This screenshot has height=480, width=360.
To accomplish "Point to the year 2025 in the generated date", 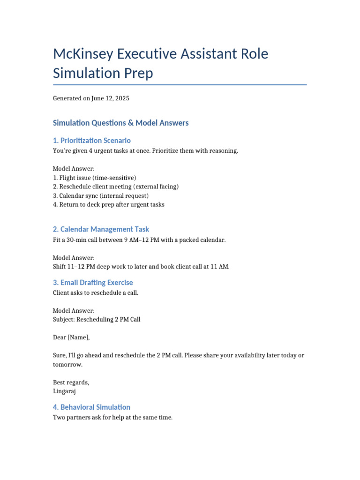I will pyautogui.click(x=121, y=98).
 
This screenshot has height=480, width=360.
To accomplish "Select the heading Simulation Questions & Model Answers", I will pyautogui.click(x=121, y=123).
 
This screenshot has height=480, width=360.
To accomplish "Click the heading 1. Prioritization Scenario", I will pyautogui.click(x=92, y=141).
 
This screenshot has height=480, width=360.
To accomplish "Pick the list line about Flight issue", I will pyautogui.click(x=95, y=178).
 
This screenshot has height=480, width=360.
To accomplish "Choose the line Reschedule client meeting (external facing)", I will pyautogui.click(x=116, y=187).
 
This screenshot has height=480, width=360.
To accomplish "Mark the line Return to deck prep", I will pyautogui.click(x=109, y=204).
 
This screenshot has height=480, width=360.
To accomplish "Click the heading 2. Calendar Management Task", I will pyautogui.click(x=101, y=229).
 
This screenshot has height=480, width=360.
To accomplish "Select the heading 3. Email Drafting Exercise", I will pyautogui.click(x=93, y=283).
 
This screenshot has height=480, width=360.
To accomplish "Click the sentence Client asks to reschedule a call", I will pyautogui.click(x=96, y=293).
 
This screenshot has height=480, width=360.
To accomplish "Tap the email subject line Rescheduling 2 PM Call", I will pyautogui.click(x=97, y=320).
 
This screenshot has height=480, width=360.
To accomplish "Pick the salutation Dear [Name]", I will pyautogui.click(x=71, y=337).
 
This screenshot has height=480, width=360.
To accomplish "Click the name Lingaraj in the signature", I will pyautogui.click(x=64, y=391).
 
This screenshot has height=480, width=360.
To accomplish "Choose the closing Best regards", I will pyautogui.click(x=71, y=382).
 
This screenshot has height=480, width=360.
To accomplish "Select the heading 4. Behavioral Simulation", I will pyautogui.click(x=92, y=407).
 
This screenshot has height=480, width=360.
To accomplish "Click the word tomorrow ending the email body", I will pyautogui.click(x=67, y=364).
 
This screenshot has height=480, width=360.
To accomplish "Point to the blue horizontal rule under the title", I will pyautogui.click(x=180, y=85).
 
